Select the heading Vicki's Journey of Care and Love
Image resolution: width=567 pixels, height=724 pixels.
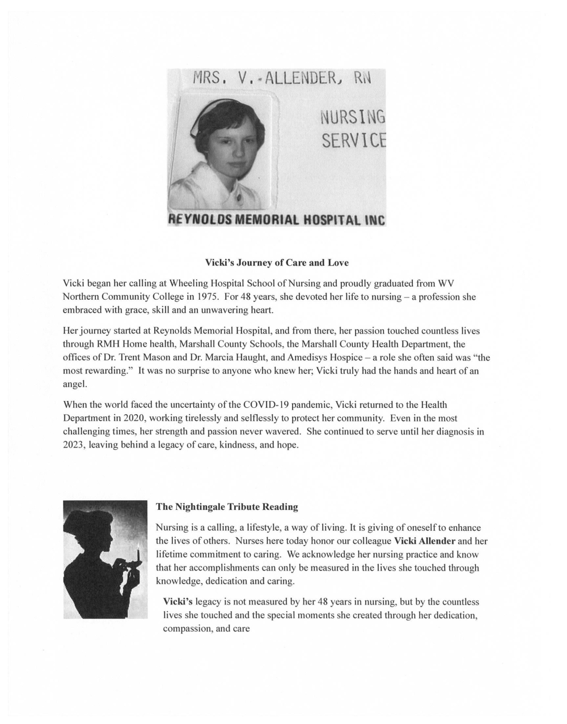coord(277,263)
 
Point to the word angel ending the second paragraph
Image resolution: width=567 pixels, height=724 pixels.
coord(74,384)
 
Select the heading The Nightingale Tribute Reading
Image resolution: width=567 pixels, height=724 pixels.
coord(227,506)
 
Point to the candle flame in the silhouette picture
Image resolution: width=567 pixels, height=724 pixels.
coord(139,549)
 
